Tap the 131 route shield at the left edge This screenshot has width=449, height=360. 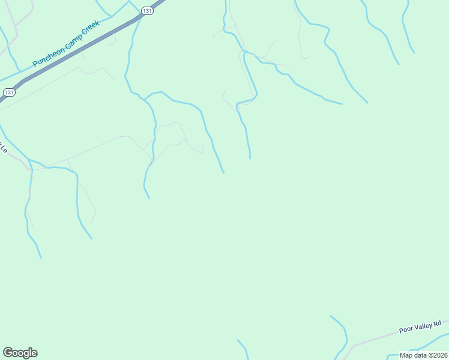point(8,92)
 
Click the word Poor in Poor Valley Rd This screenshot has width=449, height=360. point(406,329)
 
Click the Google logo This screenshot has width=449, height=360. point(20,353)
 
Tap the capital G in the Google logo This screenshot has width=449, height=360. point(8,353)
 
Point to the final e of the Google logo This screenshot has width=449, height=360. point(34,353)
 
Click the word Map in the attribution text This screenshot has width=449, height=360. point(406,355)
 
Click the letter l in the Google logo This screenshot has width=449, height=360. point(30,353)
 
